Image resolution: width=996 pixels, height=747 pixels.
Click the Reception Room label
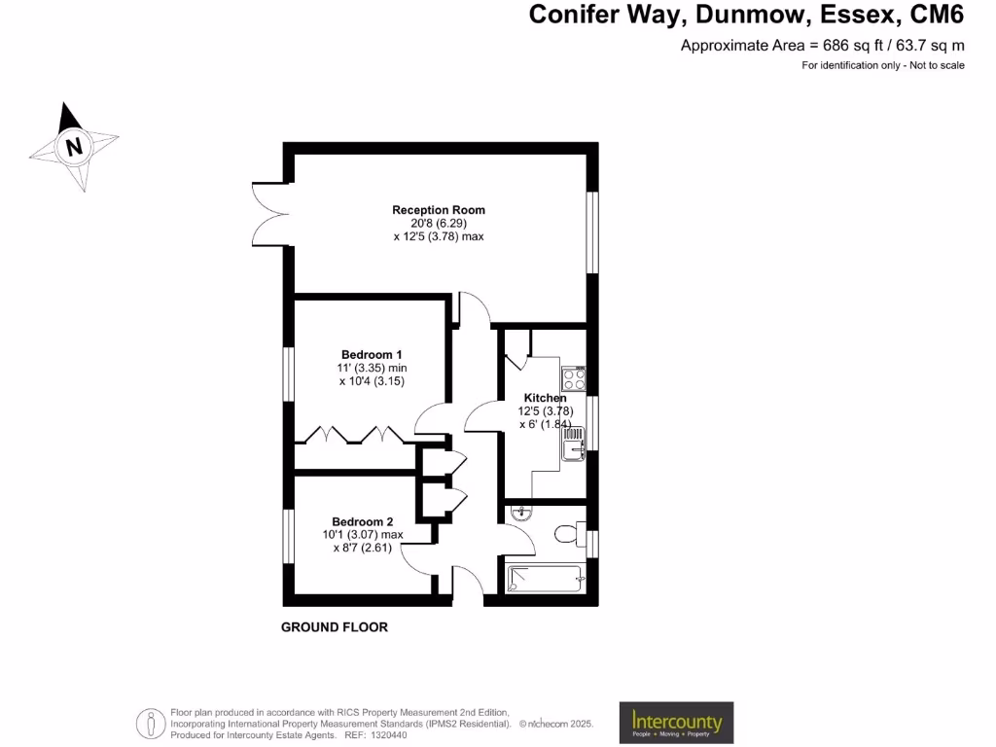click(438, 210)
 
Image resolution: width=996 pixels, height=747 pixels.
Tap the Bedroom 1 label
click(372, 354)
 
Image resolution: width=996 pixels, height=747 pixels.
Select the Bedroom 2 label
click(362, 521)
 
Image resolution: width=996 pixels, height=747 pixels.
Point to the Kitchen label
click(545, 398)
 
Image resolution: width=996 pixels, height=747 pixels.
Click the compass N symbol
click(73, 148)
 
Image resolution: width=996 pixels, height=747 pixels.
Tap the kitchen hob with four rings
click(574, 378)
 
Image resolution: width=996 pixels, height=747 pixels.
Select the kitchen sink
click(574, 446)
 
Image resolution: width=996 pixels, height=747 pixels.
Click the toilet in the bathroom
click(565, 534)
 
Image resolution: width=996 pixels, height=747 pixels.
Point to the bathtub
click(544, 579)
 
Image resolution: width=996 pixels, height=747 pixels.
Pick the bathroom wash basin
click(520, 513)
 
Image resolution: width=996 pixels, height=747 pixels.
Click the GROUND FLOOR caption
click(335, 627)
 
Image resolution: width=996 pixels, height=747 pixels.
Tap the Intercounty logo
click(677, 723)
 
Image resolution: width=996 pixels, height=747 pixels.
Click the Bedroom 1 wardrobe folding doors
click(351, 434)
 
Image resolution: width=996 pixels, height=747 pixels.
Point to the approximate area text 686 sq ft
click(822, 45)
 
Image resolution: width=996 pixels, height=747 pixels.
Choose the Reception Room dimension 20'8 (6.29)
click(438, 223)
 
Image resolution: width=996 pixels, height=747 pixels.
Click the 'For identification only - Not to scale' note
click(882, 65)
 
